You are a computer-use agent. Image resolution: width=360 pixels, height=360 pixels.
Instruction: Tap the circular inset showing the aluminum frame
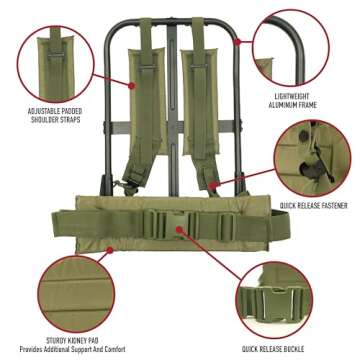pyautogui.click(x=298, y=47)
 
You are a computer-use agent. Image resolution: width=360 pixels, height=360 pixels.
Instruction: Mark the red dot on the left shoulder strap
pyautogui.click(x=133, y=85)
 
